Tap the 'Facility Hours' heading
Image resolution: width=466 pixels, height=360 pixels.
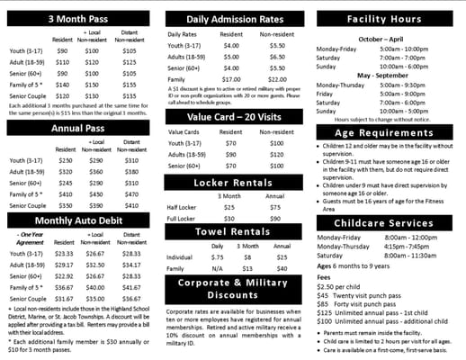390,17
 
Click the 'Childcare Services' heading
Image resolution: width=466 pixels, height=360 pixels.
390,222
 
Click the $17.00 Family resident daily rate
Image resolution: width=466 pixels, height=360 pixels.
232,79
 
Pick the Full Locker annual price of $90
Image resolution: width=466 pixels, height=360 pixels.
275,219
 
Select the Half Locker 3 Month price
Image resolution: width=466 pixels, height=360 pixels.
229,207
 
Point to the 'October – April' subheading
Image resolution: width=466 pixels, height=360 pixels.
383,39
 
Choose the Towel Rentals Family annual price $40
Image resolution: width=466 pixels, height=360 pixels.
282,268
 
